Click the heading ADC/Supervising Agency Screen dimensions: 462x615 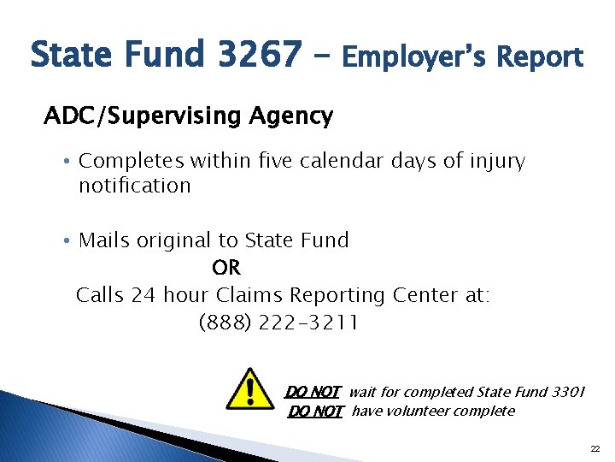point(188,115)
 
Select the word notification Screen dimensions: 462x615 point(134,185)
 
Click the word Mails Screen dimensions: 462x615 point(103,240)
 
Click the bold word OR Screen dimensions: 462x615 point(226,268)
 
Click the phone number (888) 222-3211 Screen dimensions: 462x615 point(278,323)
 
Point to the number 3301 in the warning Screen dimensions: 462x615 point(566,392)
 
